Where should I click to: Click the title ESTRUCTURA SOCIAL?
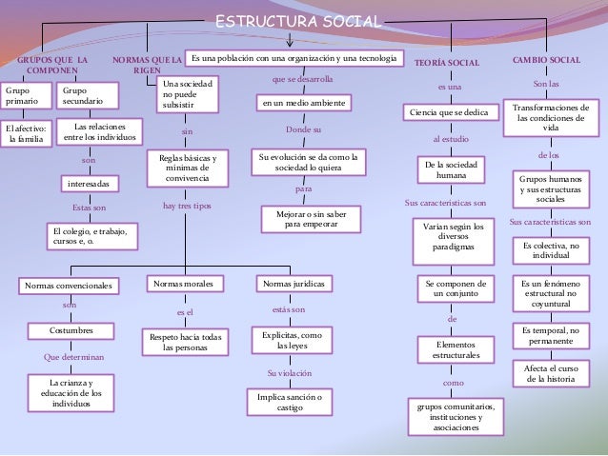(x=298, y=21)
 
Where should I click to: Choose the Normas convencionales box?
(x=69, y=285)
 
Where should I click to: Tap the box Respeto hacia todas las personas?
(x=185, y=342)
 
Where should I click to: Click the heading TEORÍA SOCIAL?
(x=447, y=62)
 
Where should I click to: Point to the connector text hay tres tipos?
(x=187, y=206)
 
